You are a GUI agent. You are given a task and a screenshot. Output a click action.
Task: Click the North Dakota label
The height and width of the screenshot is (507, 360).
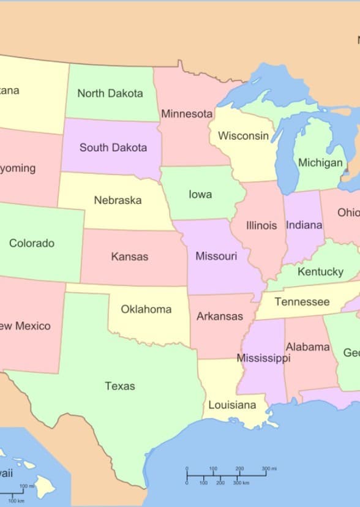coord(110,94)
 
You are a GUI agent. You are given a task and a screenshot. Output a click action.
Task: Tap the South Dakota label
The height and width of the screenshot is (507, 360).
coord(113,148)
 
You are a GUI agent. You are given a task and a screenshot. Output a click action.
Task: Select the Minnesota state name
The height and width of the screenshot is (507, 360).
coord(187,114)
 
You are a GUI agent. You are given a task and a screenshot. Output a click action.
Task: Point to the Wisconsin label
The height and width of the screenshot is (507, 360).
coord(243,136)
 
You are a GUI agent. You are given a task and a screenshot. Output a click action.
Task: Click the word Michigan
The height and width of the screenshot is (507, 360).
coord(320,163)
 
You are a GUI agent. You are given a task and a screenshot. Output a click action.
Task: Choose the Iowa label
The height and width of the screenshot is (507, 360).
coord(200,194)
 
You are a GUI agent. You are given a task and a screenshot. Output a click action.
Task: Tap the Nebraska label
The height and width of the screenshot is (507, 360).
coord(118,200)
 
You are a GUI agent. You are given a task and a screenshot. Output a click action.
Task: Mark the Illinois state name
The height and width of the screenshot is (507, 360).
coord(261,225)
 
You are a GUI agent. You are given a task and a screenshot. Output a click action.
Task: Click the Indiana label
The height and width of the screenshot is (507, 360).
coord(304,225)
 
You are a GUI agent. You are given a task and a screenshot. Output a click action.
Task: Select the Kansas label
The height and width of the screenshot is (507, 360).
coord(129,257)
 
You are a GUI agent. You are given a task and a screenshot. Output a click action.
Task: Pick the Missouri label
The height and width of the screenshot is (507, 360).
coord(216,256)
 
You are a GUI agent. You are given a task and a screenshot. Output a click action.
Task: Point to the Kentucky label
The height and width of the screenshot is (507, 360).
coord(320,271)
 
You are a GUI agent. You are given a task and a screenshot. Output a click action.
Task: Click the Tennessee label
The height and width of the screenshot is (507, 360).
coord(302,302)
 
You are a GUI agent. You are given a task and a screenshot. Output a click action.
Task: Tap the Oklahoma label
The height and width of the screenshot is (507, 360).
coord(146,309)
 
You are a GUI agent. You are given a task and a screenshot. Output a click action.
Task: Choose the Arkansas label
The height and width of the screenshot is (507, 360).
coord(220,317)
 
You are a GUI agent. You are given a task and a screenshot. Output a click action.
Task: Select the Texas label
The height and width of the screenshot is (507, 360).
coord(120,386)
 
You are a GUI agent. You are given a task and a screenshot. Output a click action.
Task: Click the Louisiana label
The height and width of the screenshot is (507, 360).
coord(232,405)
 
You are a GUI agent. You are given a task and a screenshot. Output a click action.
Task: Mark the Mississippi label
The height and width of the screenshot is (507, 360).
coord(263,358)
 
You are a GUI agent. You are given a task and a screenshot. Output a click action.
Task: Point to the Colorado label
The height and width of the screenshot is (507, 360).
coord(32,243)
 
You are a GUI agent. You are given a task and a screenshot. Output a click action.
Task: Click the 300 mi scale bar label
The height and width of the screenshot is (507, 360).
coord(269,469)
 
